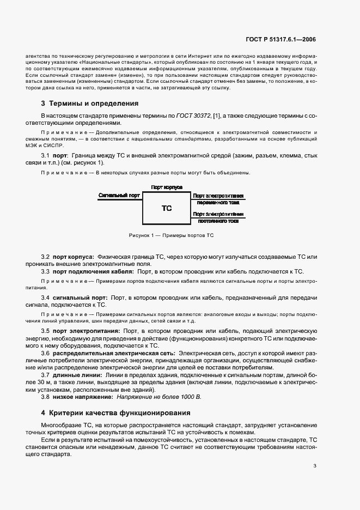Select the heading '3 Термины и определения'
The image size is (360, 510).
89,104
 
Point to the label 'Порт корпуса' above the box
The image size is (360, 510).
167,187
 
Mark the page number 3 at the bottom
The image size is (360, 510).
315,465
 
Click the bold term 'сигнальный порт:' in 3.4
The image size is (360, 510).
81,298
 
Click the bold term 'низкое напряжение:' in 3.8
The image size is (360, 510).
81,397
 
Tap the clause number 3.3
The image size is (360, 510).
46,271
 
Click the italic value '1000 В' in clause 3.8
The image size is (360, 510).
191,397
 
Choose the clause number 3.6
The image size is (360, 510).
46,354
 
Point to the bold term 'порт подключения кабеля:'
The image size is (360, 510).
94,271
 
